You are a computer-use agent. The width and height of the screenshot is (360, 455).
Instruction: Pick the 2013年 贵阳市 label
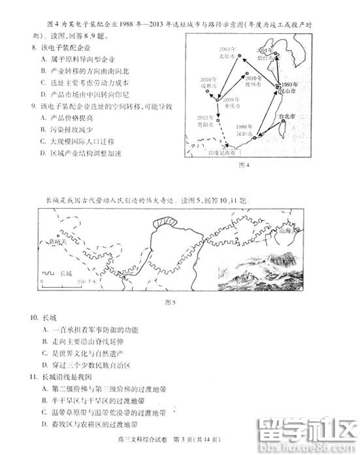click(x=205, y=121)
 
